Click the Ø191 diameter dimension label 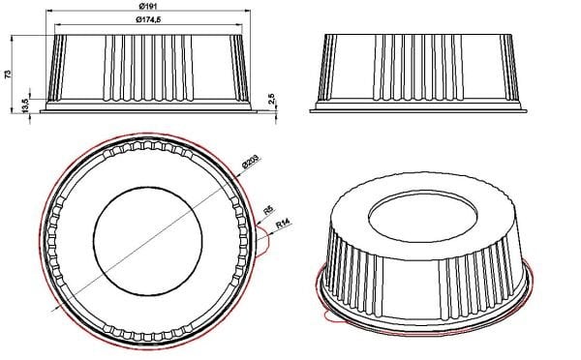(148, 9)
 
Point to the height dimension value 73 (9, 75)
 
